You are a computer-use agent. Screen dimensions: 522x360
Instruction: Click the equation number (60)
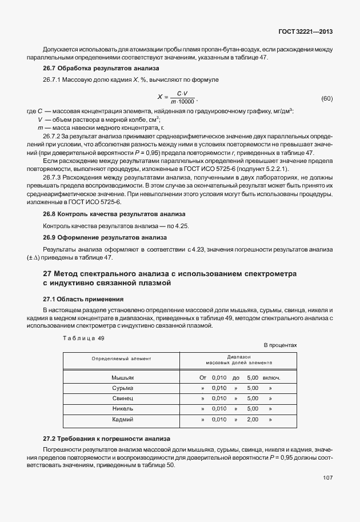tap(327, 98)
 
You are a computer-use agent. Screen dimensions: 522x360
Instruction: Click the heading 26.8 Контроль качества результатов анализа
tap(98, 214)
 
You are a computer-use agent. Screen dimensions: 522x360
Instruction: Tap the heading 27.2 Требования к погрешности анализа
tap(97, 439)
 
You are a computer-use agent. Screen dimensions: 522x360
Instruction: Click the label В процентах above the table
tap(280, 346)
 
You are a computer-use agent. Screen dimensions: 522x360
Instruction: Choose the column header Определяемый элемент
tap(121, 358)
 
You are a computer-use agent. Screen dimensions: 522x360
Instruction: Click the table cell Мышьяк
tap(122, 378)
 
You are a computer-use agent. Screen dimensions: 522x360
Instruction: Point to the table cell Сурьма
tap(122, 388)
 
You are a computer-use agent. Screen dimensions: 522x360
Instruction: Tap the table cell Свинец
tap(122, 399)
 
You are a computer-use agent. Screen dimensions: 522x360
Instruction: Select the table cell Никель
tap(122, 409)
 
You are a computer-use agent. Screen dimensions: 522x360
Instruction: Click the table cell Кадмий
tap(122, 419)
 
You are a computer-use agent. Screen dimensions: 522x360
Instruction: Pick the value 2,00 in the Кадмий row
tap(253, 419)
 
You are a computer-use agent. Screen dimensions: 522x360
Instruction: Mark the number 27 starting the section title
tap(41, 274)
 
